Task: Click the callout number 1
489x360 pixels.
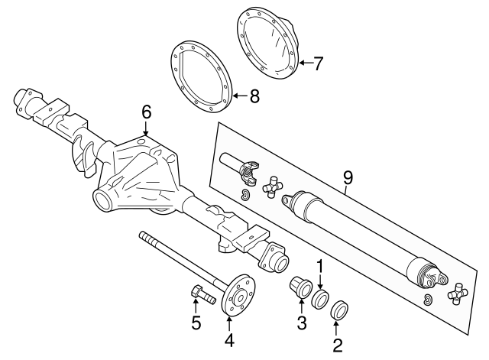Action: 321,267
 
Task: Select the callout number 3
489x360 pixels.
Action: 302,324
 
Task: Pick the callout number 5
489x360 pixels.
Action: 196,323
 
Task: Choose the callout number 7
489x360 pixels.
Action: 319,63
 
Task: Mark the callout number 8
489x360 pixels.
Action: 254,96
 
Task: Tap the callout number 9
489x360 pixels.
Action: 348,177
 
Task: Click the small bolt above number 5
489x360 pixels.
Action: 196,293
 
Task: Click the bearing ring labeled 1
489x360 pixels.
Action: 321,297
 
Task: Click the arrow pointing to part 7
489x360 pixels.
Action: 305,63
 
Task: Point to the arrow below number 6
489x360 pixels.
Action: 146,129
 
